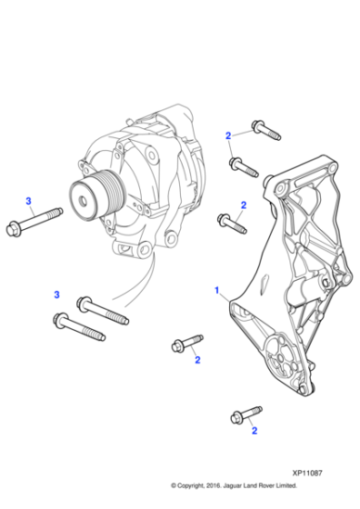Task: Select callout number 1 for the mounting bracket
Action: tap(216, 290)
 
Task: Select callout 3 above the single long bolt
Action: tap(28, 200)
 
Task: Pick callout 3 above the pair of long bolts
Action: tap(56, 294)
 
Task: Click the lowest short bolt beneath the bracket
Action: tap(239, 415)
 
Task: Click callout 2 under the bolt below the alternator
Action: tap(196, 360)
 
